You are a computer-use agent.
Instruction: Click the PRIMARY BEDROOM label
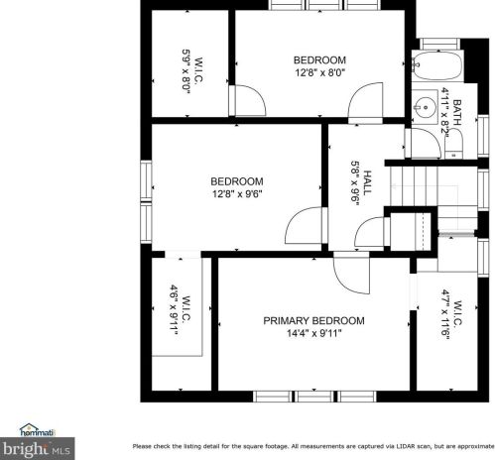coord(313,321)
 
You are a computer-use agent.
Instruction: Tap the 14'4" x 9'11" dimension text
coord(313,333)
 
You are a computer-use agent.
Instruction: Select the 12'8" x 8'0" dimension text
coord(319,72)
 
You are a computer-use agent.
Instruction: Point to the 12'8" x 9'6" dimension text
coord(237,193)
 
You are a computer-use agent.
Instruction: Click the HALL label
coord(367,182)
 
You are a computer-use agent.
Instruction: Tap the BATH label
coord(456,112)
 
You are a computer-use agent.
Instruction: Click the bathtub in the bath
coord(437,65)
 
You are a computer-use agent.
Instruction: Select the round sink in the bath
coord(426,107)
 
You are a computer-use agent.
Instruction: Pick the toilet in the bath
coord(453,144)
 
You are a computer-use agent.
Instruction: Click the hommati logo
coord(37,430)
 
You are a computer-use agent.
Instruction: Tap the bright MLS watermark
coord(37,449)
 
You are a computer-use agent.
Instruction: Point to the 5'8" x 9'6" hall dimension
coord(355,182)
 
